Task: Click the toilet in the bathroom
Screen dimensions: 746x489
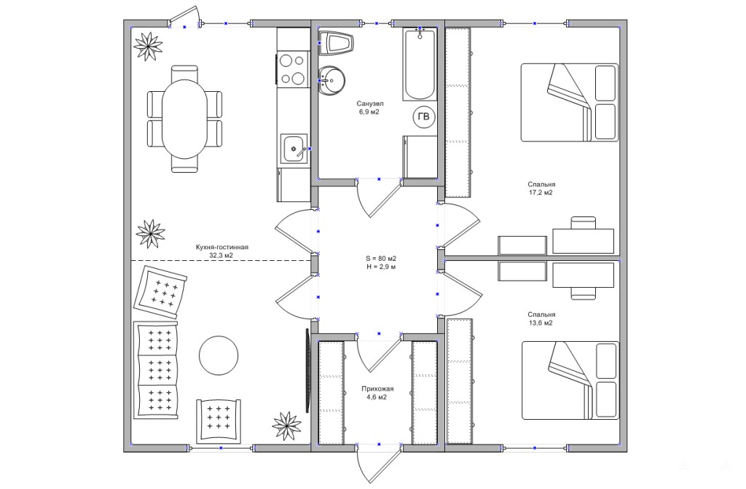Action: coord(337,43)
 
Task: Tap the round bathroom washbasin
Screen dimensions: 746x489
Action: coord(331,80)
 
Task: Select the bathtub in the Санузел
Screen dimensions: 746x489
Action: coord(420,64)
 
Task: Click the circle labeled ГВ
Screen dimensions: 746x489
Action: coord(423,117)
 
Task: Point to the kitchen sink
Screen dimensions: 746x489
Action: coord(294,149)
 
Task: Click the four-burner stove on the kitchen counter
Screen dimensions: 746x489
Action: coord(292,69)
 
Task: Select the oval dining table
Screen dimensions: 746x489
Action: coord(184,119)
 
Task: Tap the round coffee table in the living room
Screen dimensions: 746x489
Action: coord(219,356)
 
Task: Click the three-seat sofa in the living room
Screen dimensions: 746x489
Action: coord(156,370)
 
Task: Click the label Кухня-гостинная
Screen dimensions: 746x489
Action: coord(222,247)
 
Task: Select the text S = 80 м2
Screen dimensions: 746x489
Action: coord(381,259)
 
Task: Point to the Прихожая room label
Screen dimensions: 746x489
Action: coord(378,388)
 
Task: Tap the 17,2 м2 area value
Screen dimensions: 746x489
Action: coord(541,193)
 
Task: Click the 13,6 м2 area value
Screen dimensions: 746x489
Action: coord(541,323)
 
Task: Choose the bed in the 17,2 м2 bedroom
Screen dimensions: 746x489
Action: coord(570,102)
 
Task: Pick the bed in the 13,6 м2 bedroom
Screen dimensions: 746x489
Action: coord(570,380)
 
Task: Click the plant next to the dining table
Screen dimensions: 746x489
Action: coord(149,46)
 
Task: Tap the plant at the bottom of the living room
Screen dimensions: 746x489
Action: coord(287,426)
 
